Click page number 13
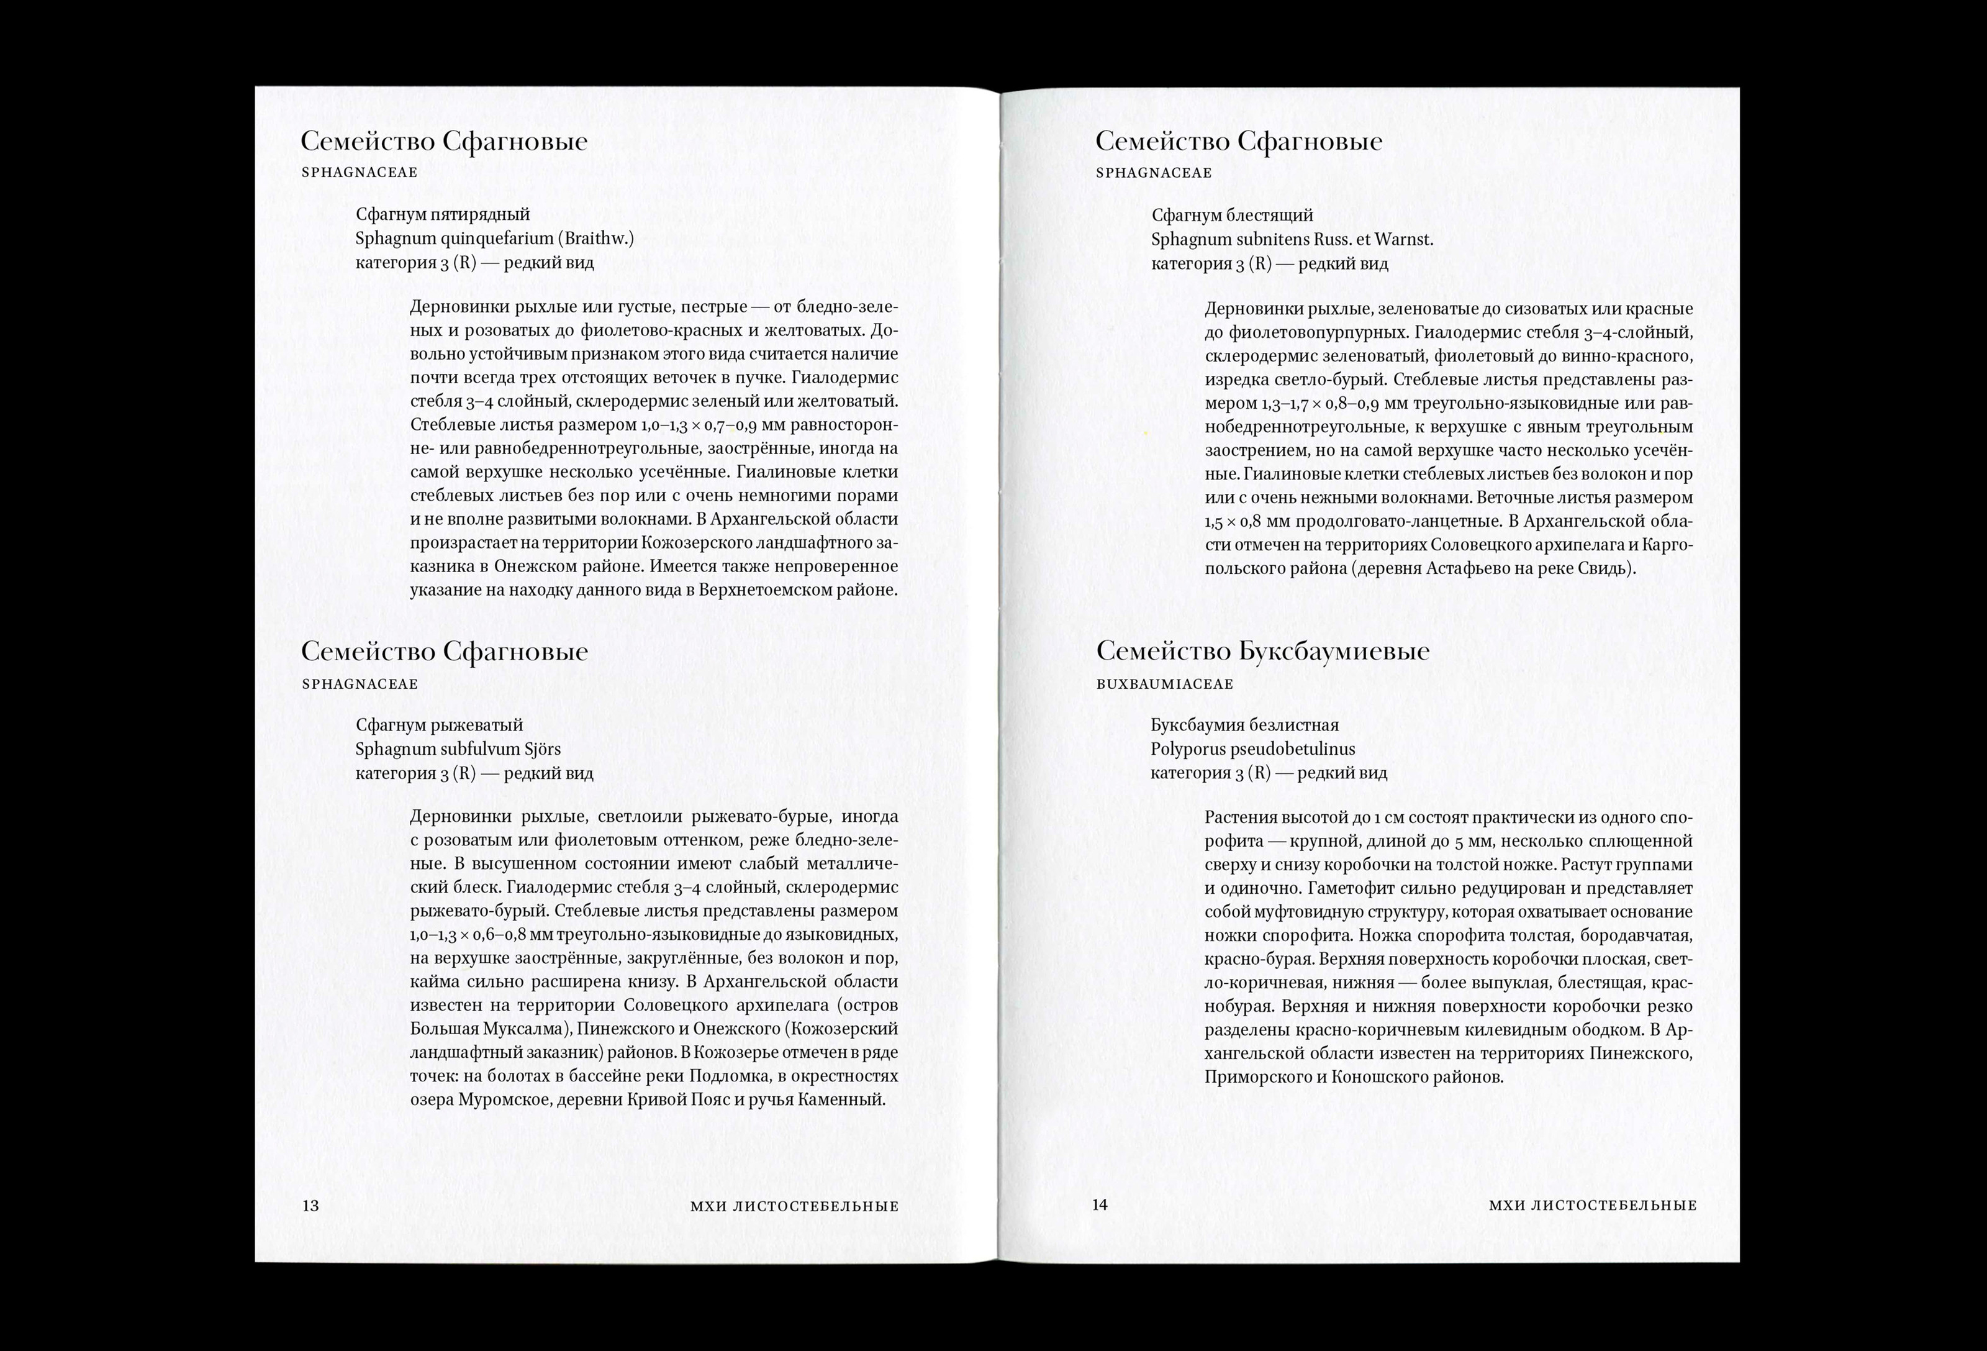310,1206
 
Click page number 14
1100,1205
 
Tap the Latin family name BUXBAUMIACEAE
1164,684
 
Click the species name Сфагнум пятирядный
443,215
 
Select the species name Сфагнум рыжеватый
438,725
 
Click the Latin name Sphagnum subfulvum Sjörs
458,749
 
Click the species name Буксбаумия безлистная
1244,725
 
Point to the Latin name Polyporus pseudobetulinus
1252,749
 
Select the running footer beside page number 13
794,1206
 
